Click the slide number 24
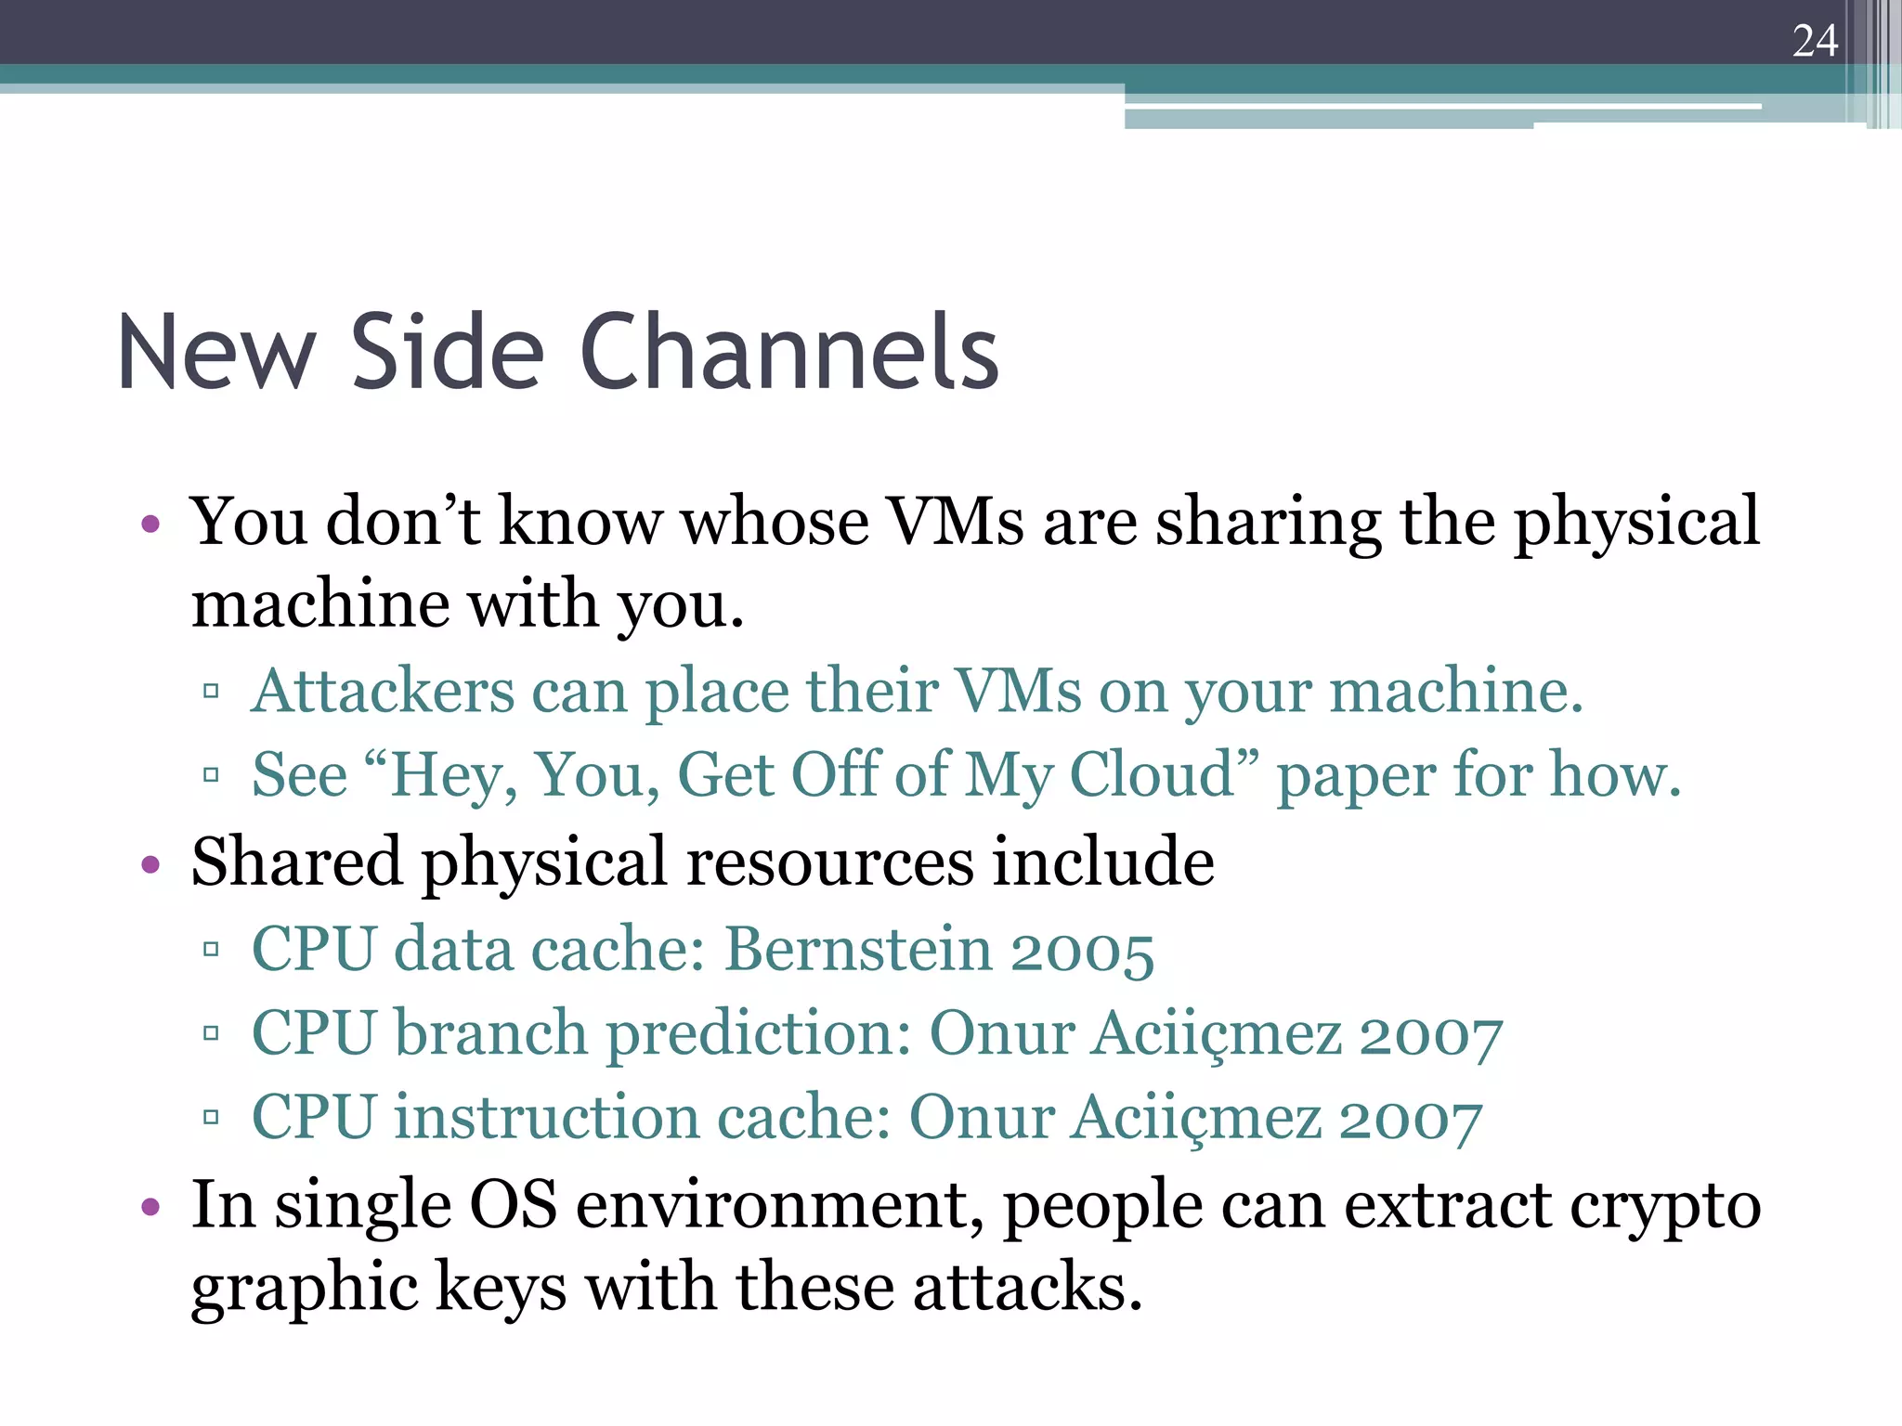pyautogui.click(x=1815, y=41)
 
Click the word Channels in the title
pyautogui.click(x=788, y=353)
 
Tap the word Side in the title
pyautogui.click(x=447, y=353)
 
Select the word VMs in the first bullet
pyautogui.click(x=956, y=522)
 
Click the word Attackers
pyautogui.click(x=383, y=692)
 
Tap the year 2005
pyautogui.click(x=1082, y=951)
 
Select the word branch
pyautogui.click(x=491, y=1032)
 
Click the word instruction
pyautogui.click(x=546, y=1116)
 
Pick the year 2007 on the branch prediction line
pyautogui.click(x=1430, y=1034)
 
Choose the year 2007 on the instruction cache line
pyautogui.click(x=1410, y=1118)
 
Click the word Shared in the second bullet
pyautogui.click(x=296, y=862)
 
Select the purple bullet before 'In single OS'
pyautogui.click(x=150, y=1208)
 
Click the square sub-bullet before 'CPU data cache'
pyautogui.click(x=211, y=950)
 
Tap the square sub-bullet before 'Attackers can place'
pyautogui.click(x=211, y=692)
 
